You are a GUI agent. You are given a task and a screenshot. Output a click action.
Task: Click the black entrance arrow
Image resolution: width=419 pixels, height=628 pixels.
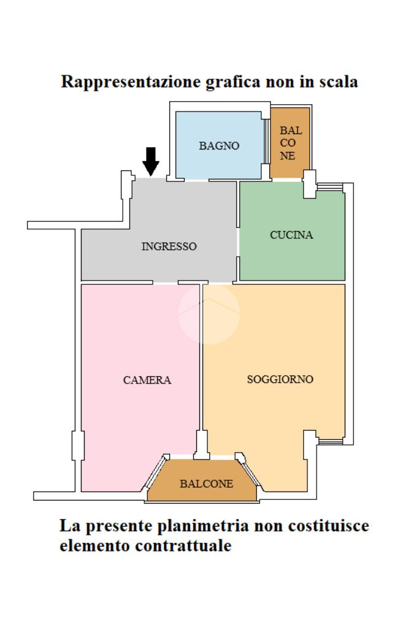click(x=150, y=161)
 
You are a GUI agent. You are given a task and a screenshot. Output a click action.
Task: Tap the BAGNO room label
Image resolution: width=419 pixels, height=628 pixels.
click(x=218, y=146)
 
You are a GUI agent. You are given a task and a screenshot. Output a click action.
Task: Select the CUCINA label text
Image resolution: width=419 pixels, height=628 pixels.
click(x=291, y=235)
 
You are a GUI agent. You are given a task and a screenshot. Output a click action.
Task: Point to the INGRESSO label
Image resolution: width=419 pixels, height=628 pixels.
click(x=169, y=246)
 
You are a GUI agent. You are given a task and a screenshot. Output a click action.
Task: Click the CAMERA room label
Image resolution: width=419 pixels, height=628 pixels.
click(x=147, y=380)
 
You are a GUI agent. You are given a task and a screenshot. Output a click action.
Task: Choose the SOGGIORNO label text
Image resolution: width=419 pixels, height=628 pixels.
click(x=280, y=379)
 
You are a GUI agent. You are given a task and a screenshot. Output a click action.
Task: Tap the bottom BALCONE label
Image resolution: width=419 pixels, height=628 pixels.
click(x=206, y=483)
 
